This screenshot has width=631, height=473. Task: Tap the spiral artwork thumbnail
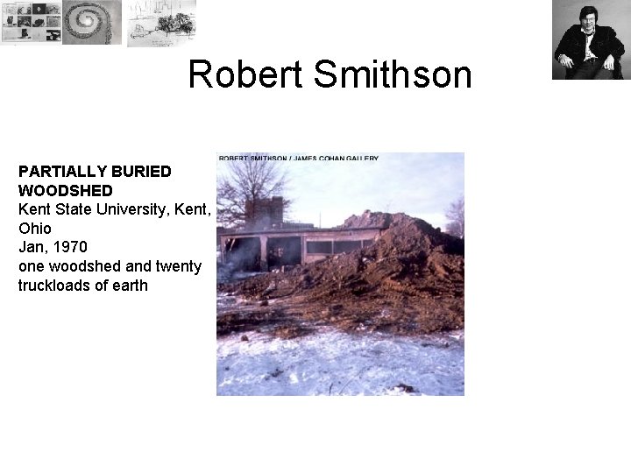pos(93,22)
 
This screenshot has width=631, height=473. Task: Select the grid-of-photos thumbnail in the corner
pos(31,23)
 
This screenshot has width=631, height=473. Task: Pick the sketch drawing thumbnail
pos(161,23)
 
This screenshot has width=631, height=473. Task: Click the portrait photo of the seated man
pos(587,39)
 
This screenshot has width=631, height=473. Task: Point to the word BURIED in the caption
pos(141,171)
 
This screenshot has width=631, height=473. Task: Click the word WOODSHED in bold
pos(66,190)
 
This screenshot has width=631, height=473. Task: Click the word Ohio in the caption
pos(35,228)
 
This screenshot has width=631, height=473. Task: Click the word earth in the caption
pos(128,286)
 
